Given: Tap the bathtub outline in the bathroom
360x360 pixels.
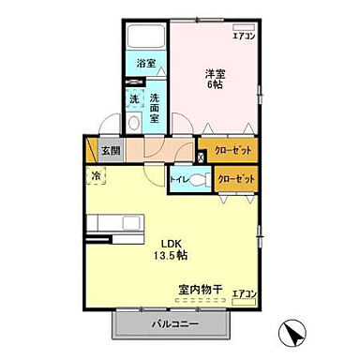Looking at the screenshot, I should [x=145, y=37].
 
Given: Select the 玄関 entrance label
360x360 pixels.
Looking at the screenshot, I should [x=111, y=150].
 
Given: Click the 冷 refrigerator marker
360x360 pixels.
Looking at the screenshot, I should [x=97, y=174].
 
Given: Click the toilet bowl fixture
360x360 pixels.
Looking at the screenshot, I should [x=197, y=180].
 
